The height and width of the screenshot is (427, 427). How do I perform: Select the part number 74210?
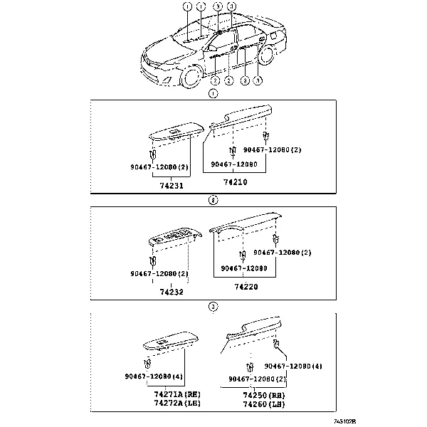pyautogui.click(x=235, y=182)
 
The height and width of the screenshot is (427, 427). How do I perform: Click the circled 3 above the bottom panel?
pyautogui.click(x=212, y=307)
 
